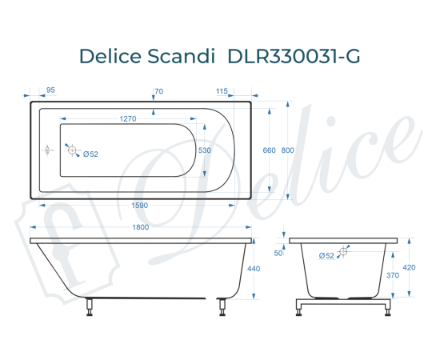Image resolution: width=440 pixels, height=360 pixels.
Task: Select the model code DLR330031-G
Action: (x=294, y=57)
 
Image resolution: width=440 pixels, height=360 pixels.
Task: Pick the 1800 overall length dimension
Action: (x=141, y=229)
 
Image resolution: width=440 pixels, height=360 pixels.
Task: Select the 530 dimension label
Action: (x=205, y=150)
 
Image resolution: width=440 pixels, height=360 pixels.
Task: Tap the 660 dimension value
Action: (x=269, y=150)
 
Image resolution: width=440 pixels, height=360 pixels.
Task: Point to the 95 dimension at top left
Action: (x=50, y=90)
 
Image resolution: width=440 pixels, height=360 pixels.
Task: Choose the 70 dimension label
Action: (x=158, y=90)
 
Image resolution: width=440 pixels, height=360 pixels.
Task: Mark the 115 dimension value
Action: (x=222, y=90)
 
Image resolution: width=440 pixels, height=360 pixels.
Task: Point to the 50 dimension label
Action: (x=278, y=253)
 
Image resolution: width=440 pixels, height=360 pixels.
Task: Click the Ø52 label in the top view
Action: (x=90, y=154)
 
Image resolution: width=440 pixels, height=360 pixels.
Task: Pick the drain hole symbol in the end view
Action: (x=343, y=252)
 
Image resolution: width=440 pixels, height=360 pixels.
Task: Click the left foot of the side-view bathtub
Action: (x=90, y=306)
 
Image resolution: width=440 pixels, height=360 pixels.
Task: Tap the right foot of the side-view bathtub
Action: (x=222, y=306)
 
